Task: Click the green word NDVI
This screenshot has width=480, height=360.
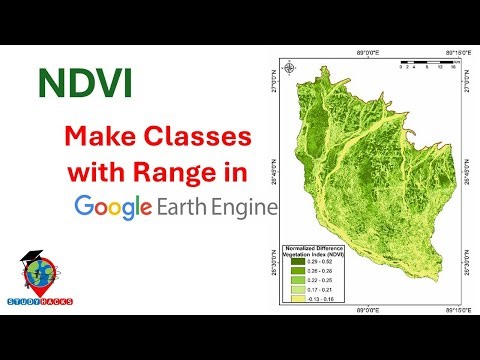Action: tap(86, 84)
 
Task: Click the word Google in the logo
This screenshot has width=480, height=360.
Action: tap(113, 207)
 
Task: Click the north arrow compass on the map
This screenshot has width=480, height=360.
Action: tap(289, 69)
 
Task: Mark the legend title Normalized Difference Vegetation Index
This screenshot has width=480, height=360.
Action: tap(316, 248)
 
